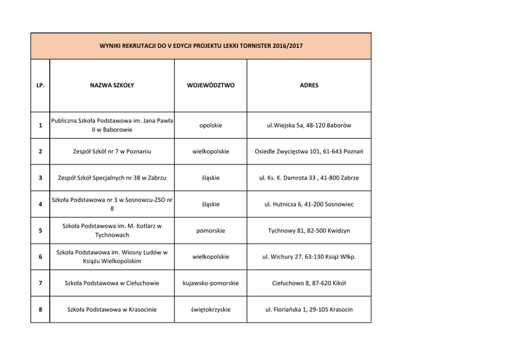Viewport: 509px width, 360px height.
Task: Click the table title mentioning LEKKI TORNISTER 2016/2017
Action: [201, 46]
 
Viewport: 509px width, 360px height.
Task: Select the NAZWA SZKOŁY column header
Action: [112, 85]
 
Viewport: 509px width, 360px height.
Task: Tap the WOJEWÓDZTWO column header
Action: [210, 85]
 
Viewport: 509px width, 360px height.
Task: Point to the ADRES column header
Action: [309, 85]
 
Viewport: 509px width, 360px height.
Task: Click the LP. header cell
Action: [40, 85]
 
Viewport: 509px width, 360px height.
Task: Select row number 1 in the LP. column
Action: [40, 126]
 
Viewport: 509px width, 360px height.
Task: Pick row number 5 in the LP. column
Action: [40, 231]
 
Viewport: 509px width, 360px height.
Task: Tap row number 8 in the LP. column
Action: [40, 309]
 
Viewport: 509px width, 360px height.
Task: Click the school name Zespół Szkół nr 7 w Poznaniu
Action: [112, 151]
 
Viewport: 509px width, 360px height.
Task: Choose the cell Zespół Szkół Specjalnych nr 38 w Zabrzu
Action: [112, 178]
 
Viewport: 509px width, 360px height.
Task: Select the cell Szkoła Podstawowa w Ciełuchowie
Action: [112, 283]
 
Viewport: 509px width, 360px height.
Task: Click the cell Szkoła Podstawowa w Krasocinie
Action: [112, 309]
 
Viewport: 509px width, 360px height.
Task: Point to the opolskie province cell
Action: [210, 126]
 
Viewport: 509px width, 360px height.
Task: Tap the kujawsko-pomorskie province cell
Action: [210, 283]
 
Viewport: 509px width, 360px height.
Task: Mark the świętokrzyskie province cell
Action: [210, 309]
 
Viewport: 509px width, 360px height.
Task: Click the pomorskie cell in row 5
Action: [210, 231]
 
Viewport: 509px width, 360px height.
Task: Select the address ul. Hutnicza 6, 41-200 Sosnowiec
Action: [309, 204]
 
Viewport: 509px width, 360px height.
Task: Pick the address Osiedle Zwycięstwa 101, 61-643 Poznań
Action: [309, 151]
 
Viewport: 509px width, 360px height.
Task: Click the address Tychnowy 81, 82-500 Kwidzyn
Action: [309, 231]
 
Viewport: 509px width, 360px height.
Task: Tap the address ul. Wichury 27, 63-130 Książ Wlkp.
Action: [309, 256]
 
